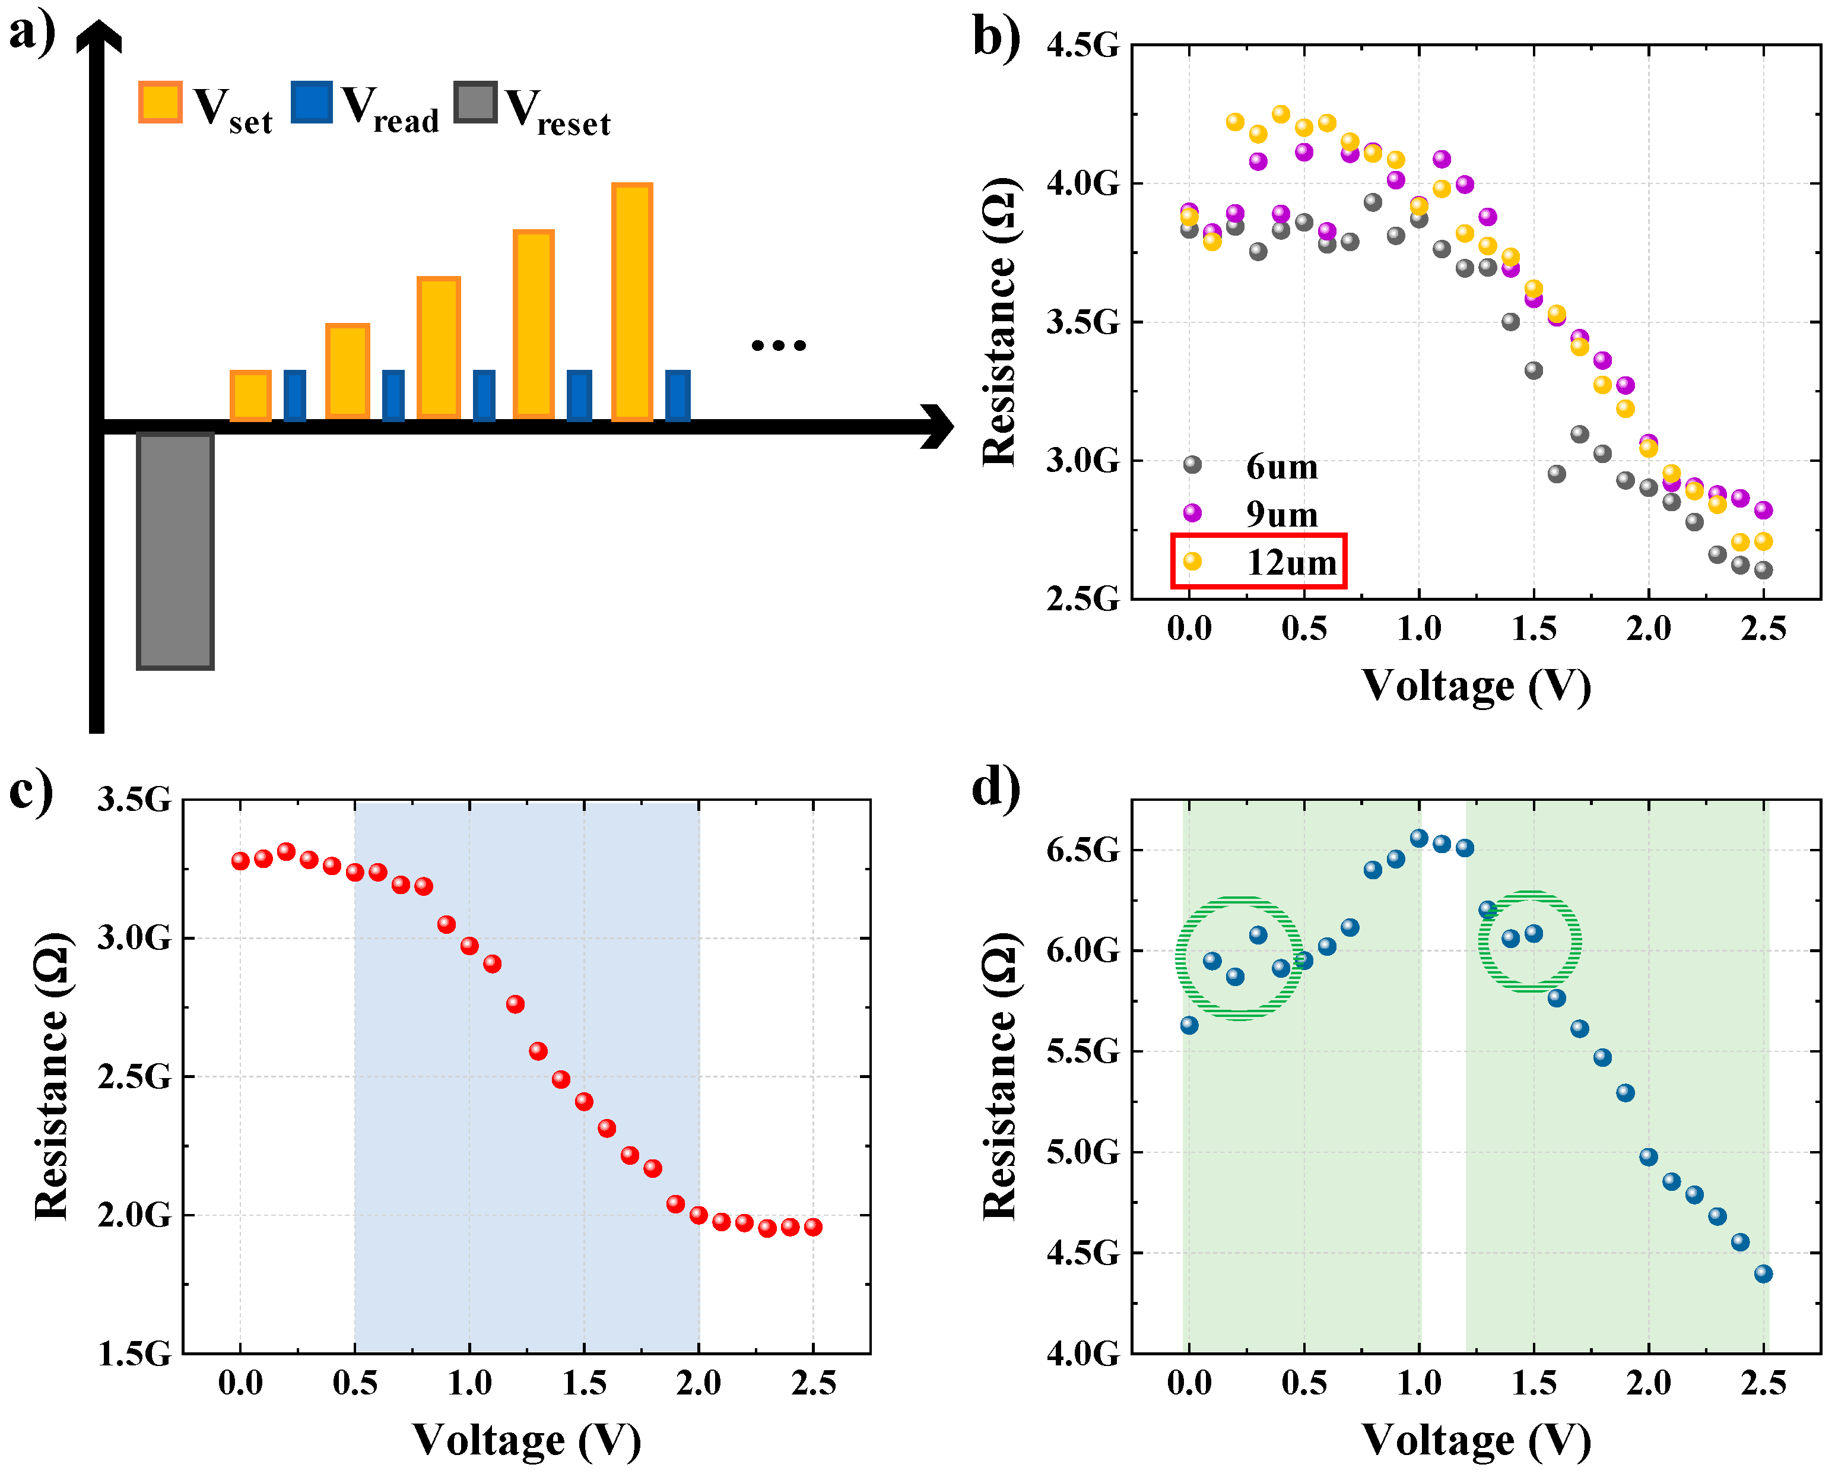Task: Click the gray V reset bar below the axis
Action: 175,552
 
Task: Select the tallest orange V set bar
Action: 631,302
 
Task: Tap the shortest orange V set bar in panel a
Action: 250,396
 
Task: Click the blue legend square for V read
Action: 312,102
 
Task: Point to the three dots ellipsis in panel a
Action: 778,346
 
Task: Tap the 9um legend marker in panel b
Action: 1192,512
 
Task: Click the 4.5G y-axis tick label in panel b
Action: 1082,45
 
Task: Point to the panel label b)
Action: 996,39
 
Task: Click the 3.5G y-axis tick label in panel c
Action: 134,800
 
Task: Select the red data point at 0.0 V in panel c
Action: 240,861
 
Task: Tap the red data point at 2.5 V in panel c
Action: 813,1226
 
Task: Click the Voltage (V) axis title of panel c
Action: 526,1440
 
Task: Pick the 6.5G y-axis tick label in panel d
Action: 1082,850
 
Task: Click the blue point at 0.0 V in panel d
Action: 1189,1025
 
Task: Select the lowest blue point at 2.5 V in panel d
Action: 1763,1273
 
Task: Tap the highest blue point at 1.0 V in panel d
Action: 1419,838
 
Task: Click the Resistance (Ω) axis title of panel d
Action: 999,1076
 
